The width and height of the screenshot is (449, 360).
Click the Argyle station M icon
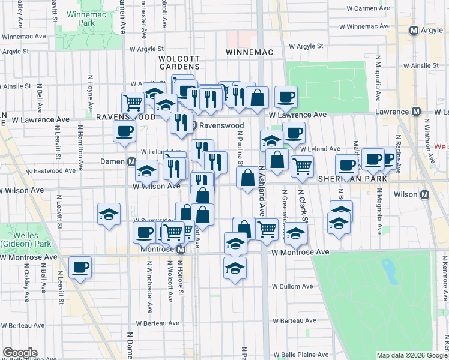coord(414,31)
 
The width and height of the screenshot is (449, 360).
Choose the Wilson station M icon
coord(424,194)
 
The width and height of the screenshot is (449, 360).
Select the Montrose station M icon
coord(181,248)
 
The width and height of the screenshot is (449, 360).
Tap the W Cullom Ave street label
coord(294,287)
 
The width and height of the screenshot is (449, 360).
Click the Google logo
coord(20,353)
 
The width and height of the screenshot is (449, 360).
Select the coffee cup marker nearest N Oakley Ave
coord(80,267)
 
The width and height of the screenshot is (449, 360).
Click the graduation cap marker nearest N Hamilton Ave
coord(109,213)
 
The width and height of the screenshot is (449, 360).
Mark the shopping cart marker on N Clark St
coord(302,165)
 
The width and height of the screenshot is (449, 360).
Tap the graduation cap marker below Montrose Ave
coord(235,268)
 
